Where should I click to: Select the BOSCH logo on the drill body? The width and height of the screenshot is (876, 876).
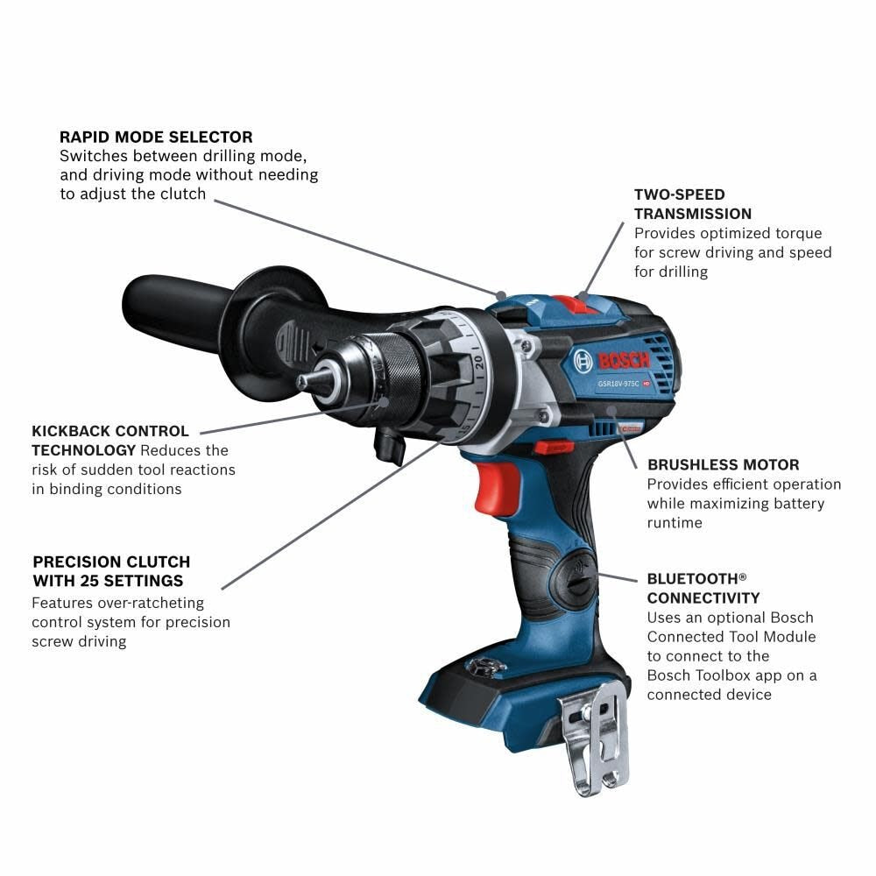[612, 359]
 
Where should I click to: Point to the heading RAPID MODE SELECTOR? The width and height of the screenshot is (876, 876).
[156, 137]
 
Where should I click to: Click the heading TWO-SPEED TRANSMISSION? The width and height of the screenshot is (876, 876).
[692, 203]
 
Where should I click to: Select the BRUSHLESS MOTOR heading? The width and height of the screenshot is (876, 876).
[723, 464]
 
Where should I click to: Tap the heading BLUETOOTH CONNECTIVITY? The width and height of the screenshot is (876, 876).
[703, 588]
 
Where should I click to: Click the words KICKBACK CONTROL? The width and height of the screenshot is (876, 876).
[110, 431]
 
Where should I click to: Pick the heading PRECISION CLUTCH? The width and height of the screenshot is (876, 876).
[111, 562]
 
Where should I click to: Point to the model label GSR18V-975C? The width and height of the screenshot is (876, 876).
[617, 383]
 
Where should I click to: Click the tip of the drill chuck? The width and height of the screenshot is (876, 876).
[303, 382]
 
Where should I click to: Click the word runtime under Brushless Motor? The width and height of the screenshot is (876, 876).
[675, 522]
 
